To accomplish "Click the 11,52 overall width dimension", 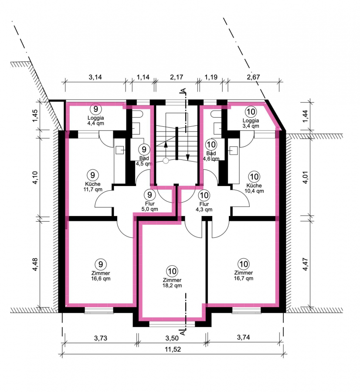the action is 173,349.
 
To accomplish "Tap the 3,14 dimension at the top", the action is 95,77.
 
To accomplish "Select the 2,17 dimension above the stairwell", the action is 177,77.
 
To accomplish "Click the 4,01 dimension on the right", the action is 305,178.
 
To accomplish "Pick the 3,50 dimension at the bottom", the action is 172,338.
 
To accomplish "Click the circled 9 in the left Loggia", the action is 96,109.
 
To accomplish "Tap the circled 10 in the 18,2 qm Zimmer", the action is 172,271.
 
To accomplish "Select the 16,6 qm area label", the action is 101,278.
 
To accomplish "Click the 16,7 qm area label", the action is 244,278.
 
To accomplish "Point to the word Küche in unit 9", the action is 92,184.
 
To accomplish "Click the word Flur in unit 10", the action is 204,204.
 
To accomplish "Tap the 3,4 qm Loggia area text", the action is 251,126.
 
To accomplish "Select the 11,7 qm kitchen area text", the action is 93,189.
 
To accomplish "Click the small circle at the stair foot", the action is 166,161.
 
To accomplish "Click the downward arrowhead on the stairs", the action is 188,158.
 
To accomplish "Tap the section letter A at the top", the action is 183,90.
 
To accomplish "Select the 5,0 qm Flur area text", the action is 149,209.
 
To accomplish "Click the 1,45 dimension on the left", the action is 35,116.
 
